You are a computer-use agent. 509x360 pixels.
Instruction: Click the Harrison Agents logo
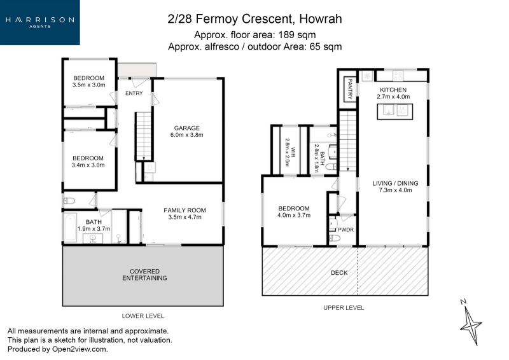click(40, 22)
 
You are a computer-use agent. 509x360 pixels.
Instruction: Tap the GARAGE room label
click(186, 128)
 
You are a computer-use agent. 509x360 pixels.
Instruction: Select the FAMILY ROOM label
click(185, 210)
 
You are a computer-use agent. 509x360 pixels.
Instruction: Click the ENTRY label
click(134, 93)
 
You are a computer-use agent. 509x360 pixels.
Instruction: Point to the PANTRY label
click(350, 88)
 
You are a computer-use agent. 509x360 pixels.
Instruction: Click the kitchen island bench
click(394, 112)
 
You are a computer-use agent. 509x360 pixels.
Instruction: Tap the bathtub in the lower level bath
click(70, 227)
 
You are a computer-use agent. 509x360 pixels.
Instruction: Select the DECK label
click(339, 273)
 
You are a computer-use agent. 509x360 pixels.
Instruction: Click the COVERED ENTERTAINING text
click(145, 275)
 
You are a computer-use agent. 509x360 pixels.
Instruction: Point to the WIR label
click(293, 152)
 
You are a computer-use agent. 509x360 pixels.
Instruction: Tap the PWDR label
click(345, 230)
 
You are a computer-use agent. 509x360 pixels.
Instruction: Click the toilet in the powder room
click(335, 239)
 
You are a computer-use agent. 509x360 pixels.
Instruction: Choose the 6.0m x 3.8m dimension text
click(186, 135)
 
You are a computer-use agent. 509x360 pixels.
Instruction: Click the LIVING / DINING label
click(395, 183)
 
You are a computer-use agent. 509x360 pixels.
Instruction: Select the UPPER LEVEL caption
click(344, 307)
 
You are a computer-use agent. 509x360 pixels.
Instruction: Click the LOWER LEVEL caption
click(143, 316)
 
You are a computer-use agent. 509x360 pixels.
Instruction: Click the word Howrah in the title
click(321, 19)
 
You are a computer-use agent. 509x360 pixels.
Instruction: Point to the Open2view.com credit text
click(79, 349)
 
